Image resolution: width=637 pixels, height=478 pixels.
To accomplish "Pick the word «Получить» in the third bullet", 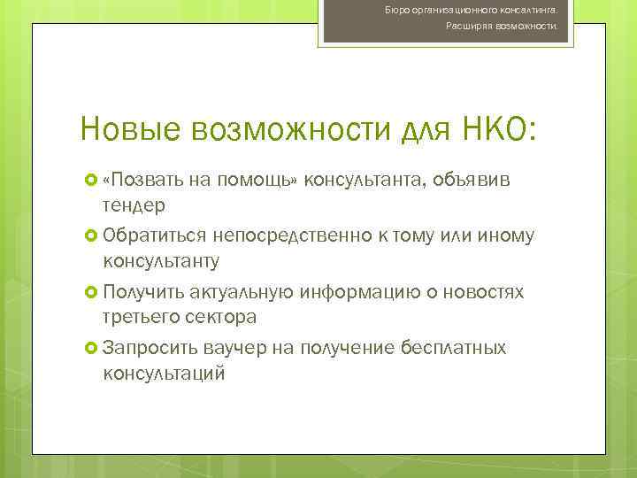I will point(145,293).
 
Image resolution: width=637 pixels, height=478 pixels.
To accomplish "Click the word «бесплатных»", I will point(453,349).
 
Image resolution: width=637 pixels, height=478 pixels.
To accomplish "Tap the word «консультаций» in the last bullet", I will point(165,374).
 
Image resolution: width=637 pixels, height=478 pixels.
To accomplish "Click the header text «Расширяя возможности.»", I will point(501,27).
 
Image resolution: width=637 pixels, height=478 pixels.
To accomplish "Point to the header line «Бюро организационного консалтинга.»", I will point(483,9).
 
